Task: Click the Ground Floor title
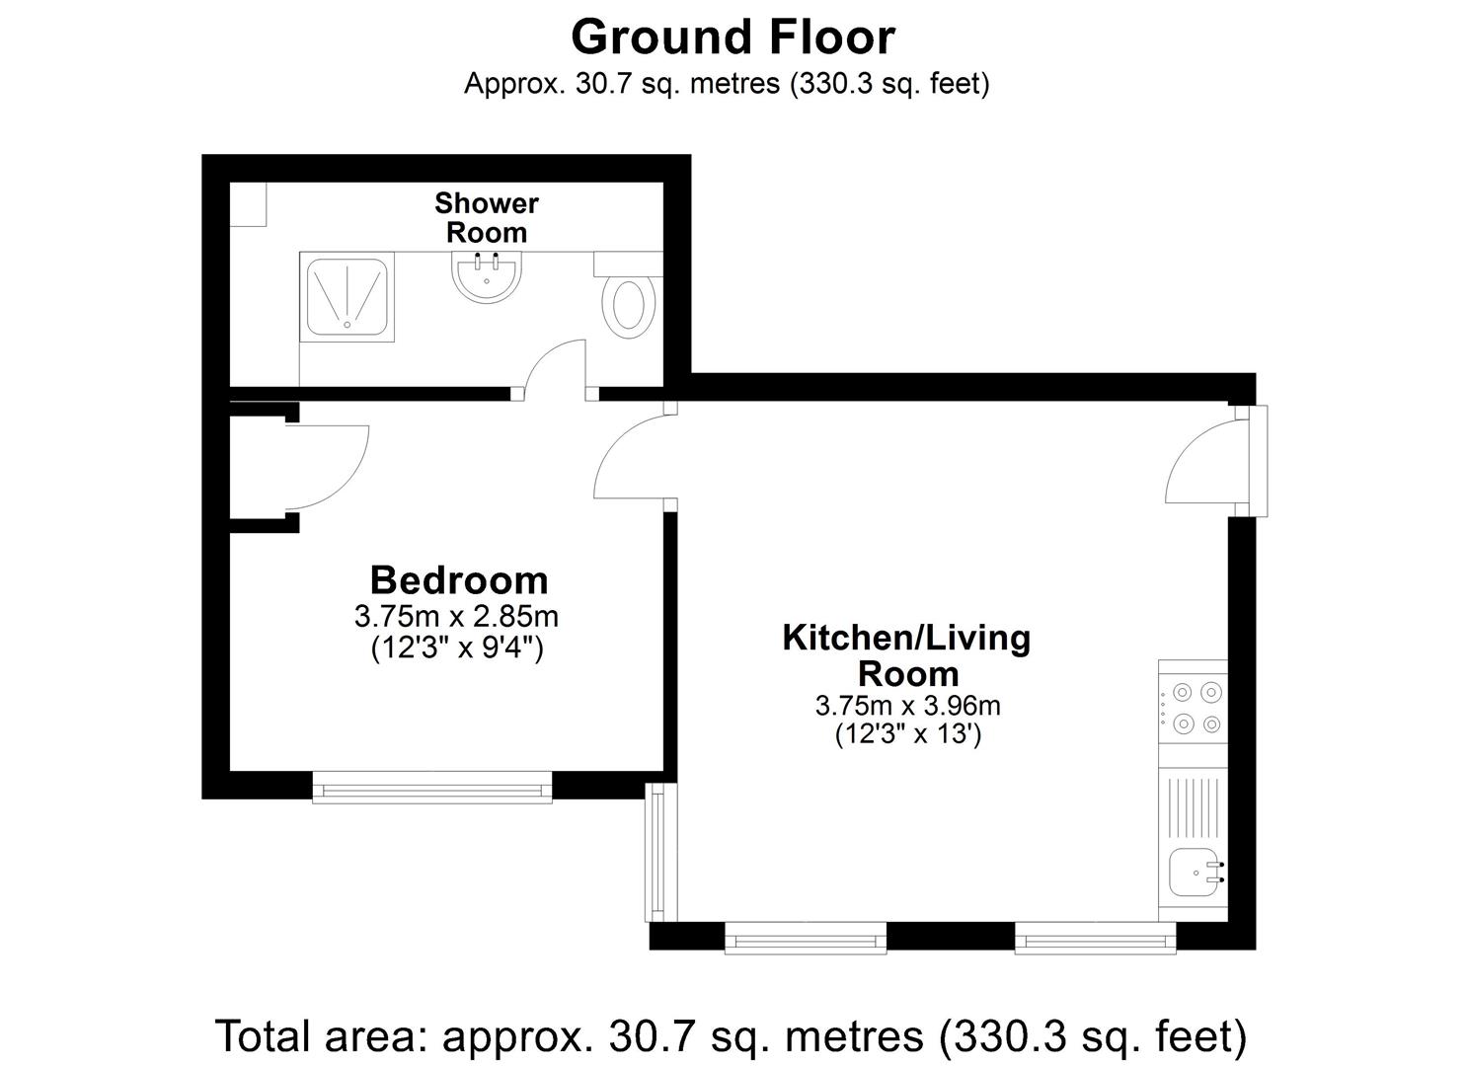click(733, 38)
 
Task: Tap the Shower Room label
click(487, 218)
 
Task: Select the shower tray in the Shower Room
click(347, 296)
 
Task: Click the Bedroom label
click(459, 579)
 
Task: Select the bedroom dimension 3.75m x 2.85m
click(456, 617)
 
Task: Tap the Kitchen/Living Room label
click(906, 655)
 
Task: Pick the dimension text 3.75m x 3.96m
click(907, 706)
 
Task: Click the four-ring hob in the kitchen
click(1193, 708)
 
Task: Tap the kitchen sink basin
click(1194, 872)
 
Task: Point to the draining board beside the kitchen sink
click(1193, 806)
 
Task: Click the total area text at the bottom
click(731, 1036)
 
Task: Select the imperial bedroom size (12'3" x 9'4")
click(457, 648)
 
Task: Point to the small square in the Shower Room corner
click(248, 204)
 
